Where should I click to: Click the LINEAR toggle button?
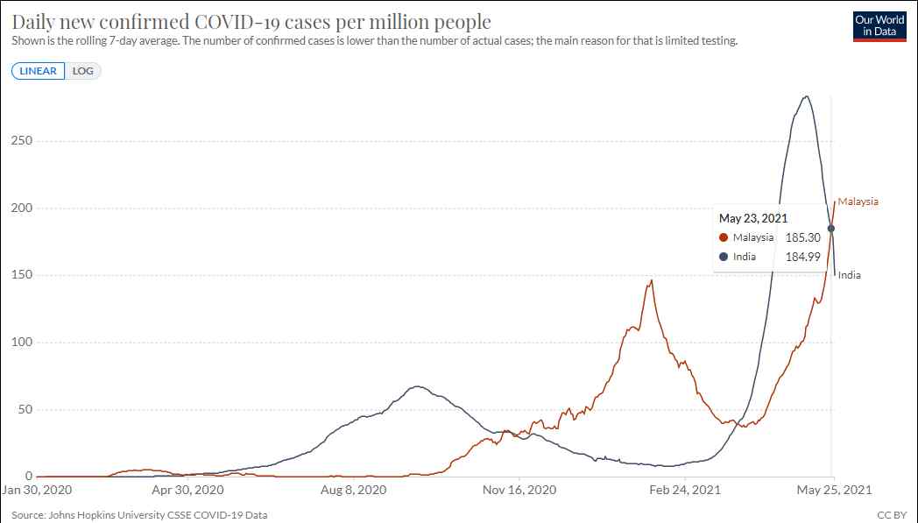(38, 71)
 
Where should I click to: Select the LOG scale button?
(82, 71)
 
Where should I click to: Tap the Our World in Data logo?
(879, 25)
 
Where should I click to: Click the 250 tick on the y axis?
(22, 141)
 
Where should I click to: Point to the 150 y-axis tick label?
(22, 275)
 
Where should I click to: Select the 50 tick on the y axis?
(25, 409)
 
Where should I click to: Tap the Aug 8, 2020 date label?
(354, 490)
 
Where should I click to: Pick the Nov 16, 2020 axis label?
(519, 490)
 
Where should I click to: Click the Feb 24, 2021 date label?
(685, 490)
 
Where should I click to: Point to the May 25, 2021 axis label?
(835, 490)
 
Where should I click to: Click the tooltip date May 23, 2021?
(753, 218)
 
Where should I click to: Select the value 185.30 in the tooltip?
(802, 237)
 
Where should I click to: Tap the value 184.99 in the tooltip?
(802, 257)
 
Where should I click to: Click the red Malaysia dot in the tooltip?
(724, 237)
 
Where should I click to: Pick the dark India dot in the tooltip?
(724, 257)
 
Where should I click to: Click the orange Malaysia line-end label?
(858, 201)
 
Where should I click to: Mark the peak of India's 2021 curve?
(807, 96)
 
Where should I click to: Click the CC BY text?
(892, 515)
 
